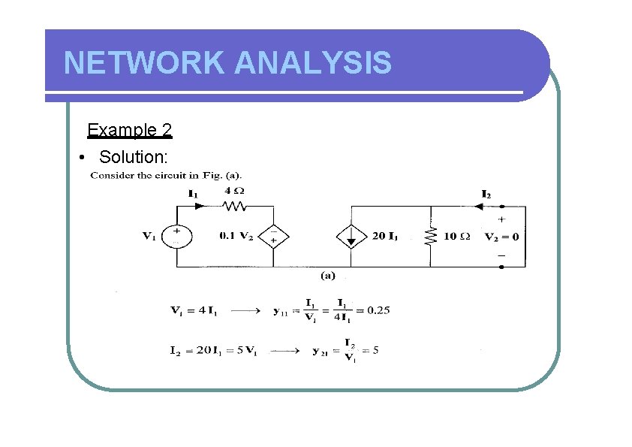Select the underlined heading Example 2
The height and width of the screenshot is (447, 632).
130,130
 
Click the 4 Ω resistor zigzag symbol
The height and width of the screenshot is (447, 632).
235,206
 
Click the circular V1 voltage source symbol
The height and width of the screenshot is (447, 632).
178,236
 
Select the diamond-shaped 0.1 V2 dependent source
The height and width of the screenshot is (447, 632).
273,236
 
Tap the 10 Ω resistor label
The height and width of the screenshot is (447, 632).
456,236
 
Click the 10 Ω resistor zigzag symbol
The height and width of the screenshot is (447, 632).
431,236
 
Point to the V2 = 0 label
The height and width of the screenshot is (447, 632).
502,236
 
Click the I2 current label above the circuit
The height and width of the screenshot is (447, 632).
486,194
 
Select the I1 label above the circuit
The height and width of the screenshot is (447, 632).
193,193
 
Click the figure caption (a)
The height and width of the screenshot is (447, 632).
328,276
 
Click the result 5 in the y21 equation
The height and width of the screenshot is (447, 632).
375,350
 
